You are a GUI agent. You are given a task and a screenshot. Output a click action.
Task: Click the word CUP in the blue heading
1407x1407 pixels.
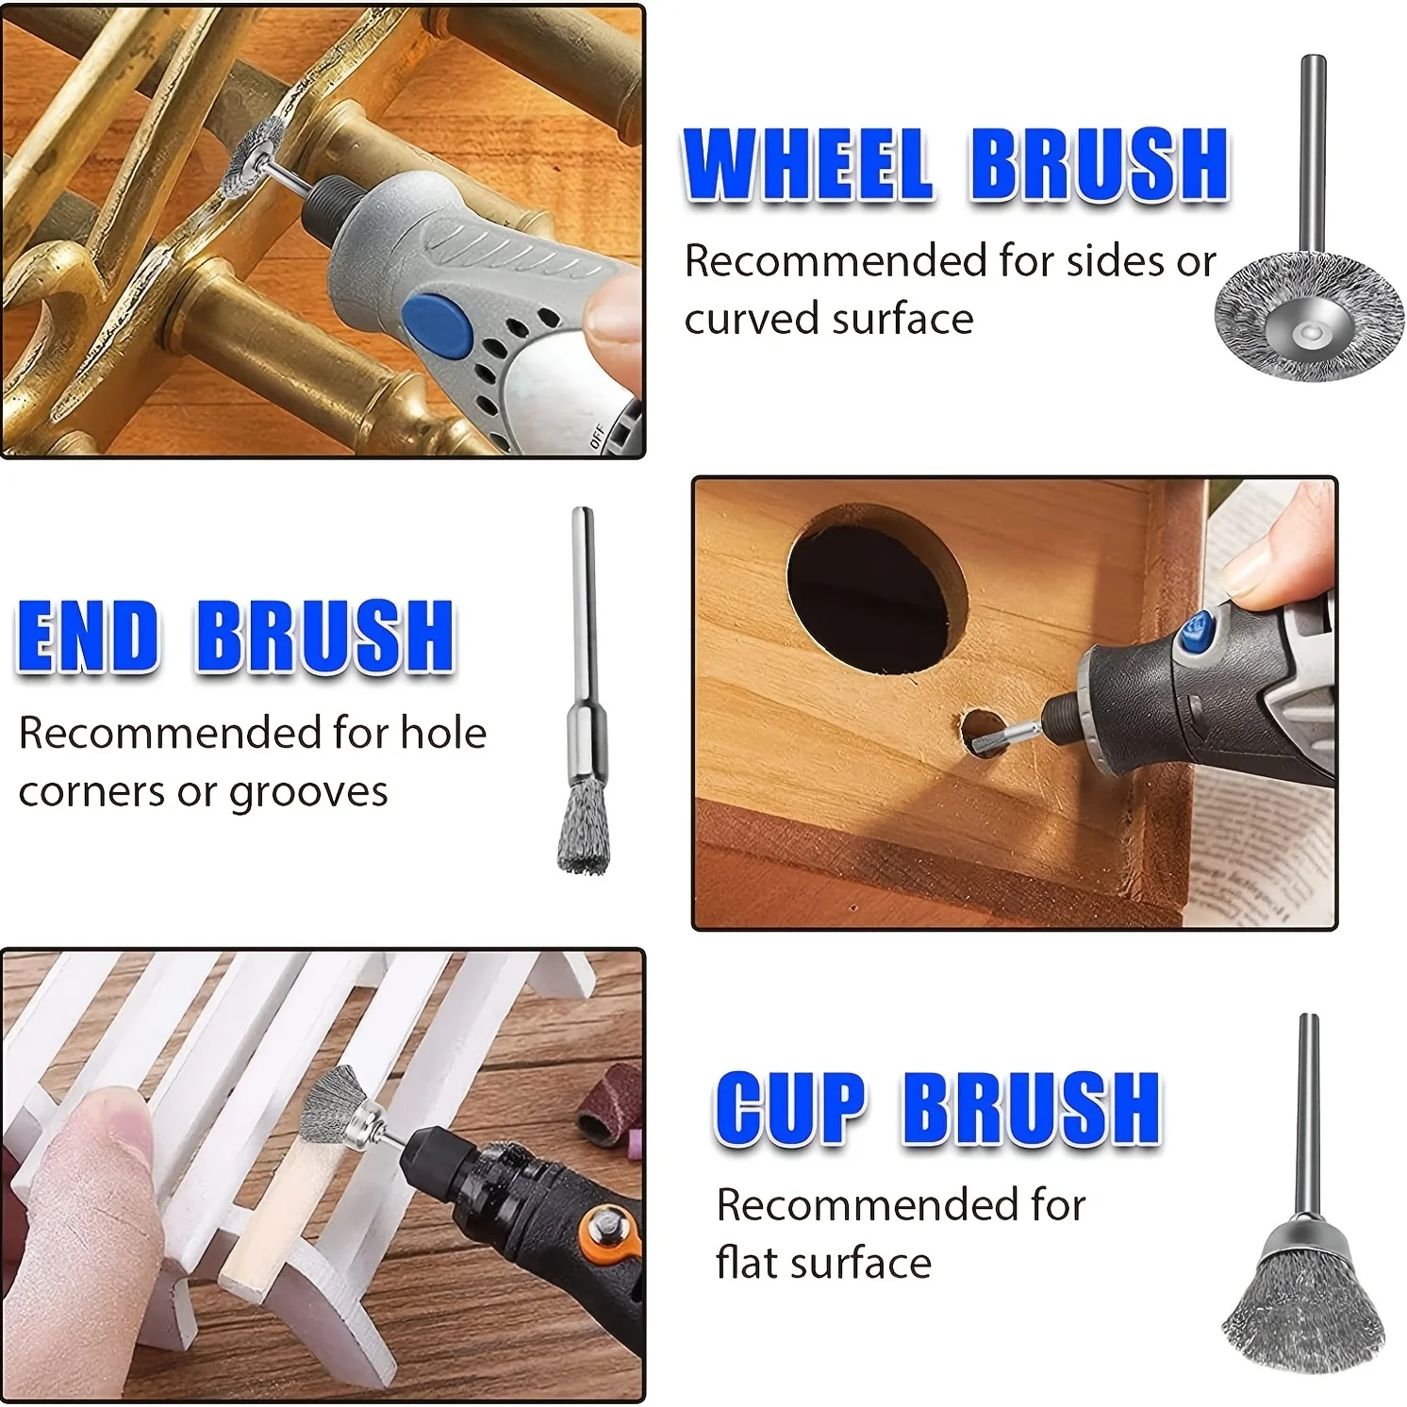(790, 1107)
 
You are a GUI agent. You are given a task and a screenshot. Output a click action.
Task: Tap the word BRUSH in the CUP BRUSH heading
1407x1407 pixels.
(1032, 1107)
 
